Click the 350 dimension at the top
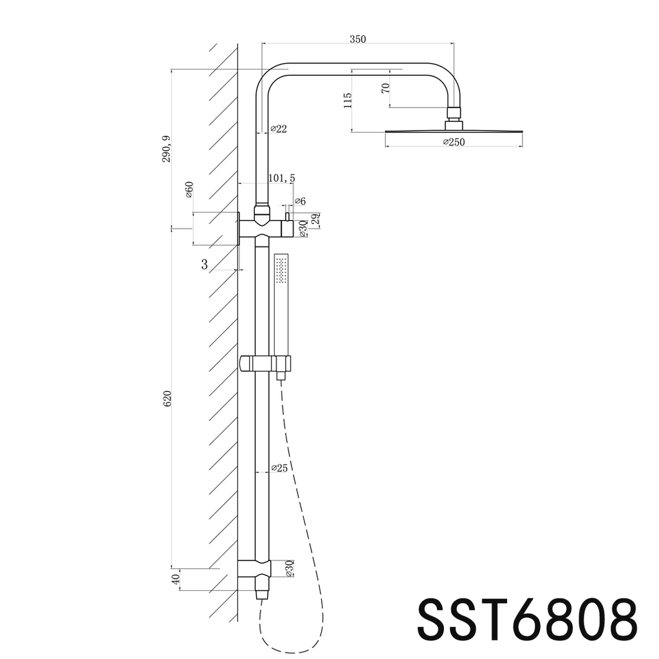coord(357,39)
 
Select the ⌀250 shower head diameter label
coord(454,142)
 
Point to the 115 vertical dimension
coord(348,100)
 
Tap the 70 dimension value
coord(386,88)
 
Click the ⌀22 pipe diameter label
coord(279,129)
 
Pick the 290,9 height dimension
coord(167,149)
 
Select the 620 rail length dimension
coord(167,398)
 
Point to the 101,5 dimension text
coord(281,178)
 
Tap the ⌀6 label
coord(300,201)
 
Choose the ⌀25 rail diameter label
coord(279,468)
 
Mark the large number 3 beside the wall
coord(204,264)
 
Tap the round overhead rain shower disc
coord(454,132)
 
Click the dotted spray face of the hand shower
coord(281,270)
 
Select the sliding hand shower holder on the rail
coord(265,363)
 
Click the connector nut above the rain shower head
coord(454,113)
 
